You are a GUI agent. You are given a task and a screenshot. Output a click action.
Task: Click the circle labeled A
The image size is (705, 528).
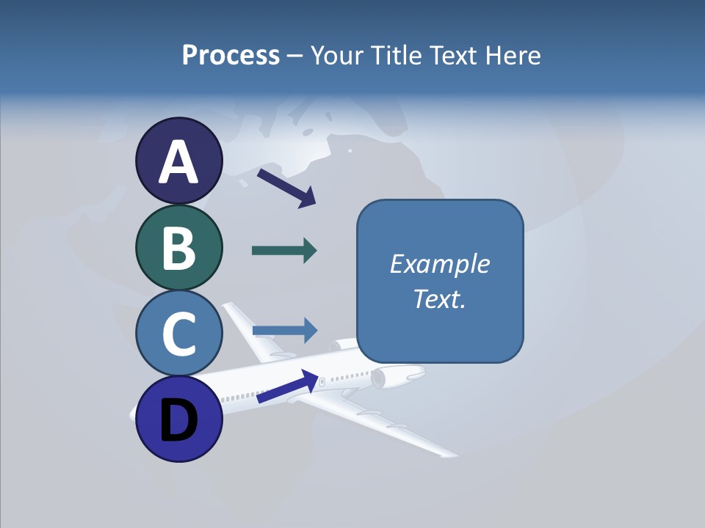178,161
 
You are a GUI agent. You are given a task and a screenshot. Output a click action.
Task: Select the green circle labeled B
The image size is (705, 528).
178,248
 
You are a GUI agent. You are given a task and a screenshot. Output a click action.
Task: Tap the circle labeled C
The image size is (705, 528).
178,334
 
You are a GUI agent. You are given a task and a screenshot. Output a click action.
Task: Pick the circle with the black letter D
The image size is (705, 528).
178,419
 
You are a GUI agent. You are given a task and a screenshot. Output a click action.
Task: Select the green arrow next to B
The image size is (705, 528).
284,251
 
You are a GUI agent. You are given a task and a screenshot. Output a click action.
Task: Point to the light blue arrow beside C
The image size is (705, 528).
285,331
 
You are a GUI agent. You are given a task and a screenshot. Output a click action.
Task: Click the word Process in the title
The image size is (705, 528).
231,55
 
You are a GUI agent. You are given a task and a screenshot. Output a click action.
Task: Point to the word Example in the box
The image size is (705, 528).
439,264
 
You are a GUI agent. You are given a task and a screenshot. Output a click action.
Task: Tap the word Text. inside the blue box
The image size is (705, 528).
439,298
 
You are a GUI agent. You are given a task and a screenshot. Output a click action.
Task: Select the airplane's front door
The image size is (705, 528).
322,381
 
